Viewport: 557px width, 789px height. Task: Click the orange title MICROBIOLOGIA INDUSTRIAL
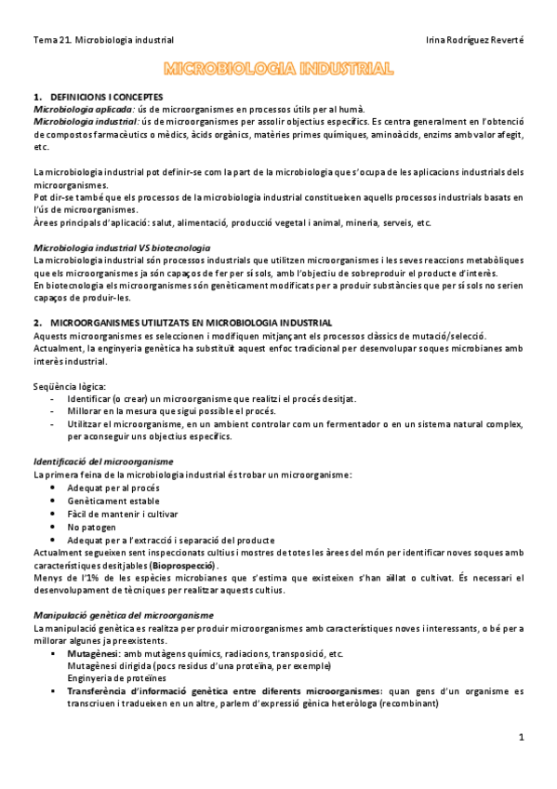click(278, 68)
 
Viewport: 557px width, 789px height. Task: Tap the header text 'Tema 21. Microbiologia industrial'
click(103, 40)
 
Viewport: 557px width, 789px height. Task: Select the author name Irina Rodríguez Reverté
click(474, 40)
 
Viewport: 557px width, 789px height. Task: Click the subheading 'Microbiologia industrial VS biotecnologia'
click(121, 248)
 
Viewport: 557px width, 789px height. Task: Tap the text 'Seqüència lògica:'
click(69, 385)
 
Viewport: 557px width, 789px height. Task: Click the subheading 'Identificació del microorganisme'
click(102, 461)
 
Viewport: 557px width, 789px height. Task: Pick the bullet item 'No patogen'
click(92, 526)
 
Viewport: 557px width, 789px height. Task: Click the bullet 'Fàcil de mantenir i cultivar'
click(123, 514)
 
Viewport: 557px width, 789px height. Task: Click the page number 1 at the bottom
click(522, 737)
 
